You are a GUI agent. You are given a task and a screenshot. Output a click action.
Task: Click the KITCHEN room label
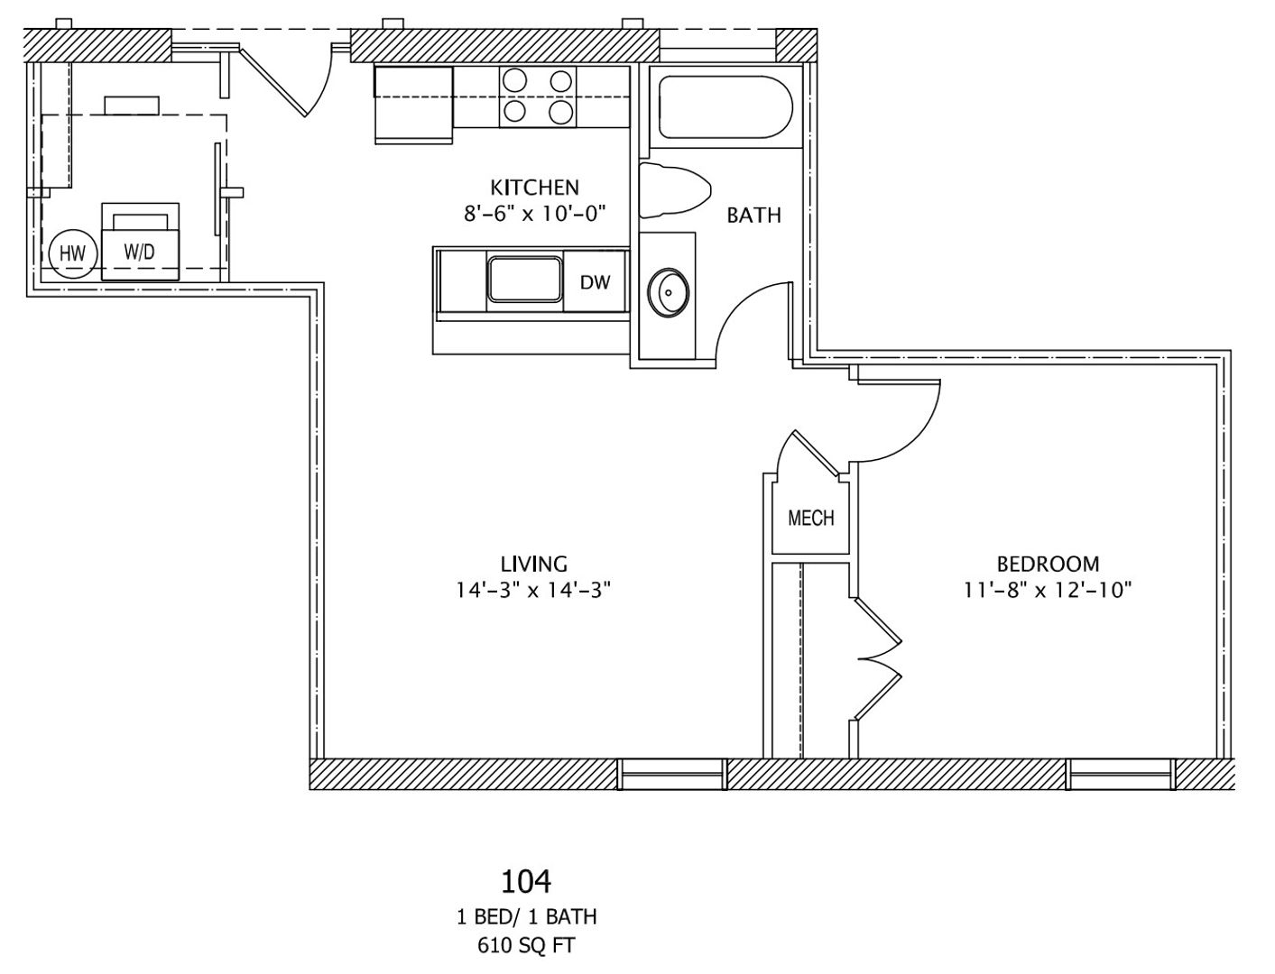[534, 188]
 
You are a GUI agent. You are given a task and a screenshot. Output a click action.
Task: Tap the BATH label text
[753, 216]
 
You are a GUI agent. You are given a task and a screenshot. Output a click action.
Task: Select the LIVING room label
[534, 565]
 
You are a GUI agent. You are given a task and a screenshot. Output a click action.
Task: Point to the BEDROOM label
[1048, 565]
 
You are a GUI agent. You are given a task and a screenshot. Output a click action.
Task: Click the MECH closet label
[810, 519]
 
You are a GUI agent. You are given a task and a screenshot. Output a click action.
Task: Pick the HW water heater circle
[72, 253]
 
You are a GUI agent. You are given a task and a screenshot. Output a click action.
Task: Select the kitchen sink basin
[525, 280]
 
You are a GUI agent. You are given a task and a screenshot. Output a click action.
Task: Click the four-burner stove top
[538, 96]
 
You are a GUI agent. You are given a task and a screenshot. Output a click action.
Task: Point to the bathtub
[725, 108]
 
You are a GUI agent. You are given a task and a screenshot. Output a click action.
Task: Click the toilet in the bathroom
[672, 190]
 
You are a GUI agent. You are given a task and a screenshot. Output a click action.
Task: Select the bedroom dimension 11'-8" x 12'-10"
[1048, 591]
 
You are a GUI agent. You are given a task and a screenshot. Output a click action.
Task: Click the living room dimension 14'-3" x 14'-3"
[534, 591]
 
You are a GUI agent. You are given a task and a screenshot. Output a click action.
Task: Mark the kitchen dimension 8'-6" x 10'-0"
[534, 214]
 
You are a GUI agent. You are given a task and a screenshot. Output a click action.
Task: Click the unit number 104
[526, 880]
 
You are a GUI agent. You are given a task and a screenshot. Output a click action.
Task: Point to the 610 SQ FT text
[526, 945]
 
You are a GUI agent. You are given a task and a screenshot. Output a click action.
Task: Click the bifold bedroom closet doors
[878, 660]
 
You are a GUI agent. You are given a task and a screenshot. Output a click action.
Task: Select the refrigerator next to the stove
[413, 104]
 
